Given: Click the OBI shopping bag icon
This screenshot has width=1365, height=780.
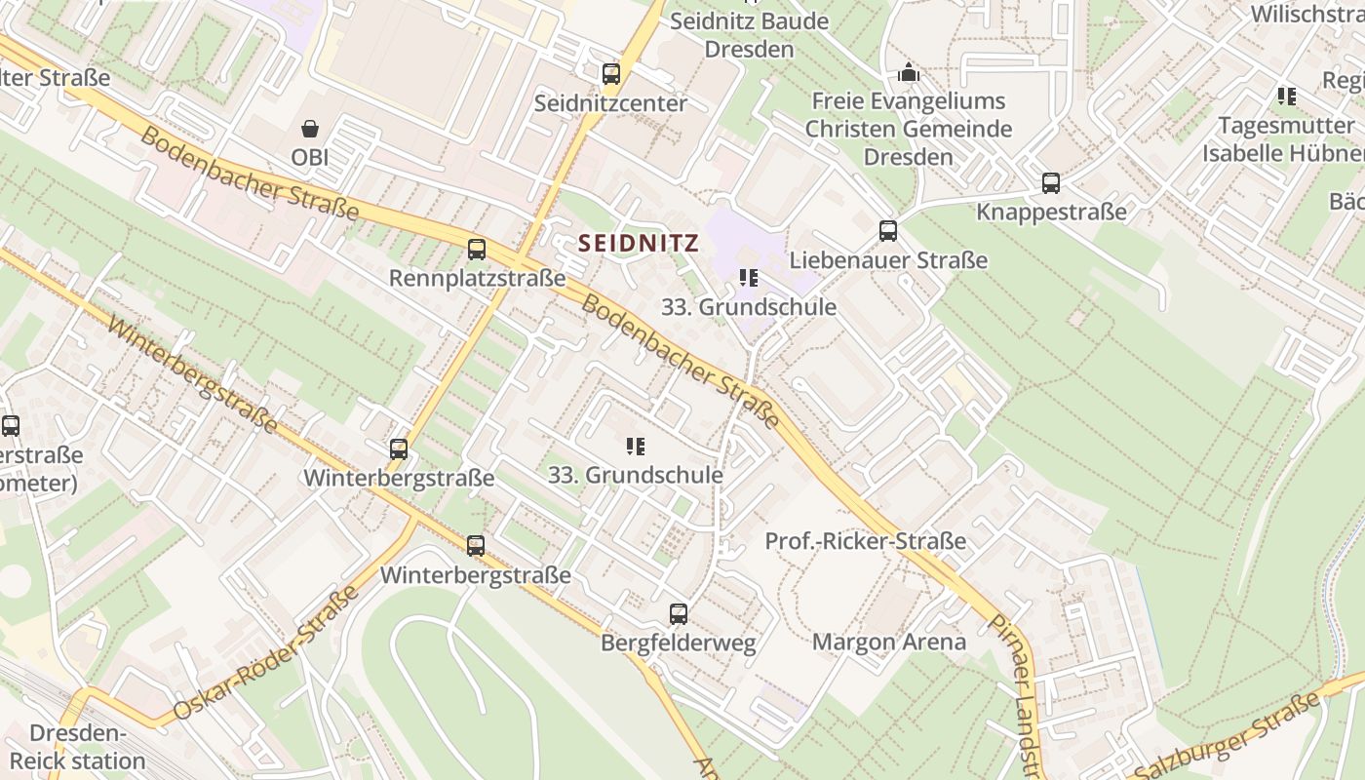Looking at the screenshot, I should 309,129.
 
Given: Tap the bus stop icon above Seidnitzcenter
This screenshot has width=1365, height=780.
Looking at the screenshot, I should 610,73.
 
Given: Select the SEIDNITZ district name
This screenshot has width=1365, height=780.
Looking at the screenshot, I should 639,244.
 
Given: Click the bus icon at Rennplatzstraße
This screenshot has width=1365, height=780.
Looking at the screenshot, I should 476,250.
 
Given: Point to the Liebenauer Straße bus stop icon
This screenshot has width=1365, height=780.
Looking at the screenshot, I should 887,231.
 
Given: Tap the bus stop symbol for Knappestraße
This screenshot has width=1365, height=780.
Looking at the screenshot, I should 1050,183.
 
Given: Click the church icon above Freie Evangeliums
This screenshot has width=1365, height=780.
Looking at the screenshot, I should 908,73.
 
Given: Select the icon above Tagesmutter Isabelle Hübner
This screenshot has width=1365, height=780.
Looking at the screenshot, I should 1286,97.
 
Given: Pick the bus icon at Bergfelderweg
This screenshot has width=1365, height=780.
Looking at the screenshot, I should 678,614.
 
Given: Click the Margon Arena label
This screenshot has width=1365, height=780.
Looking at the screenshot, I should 888,642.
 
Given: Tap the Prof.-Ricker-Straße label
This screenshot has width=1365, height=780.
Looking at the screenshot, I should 865,541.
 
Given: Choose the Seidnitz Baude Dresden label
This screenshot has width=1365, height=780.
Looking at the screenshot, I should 750,34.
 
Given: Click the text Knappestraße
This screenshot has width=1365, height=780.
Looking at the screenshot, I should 1051,212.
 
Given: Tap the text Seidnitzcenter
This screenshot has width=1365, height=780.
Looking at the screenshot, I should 610,102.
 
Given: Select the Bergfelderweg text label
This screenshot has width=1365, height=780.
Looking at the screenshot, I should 678,643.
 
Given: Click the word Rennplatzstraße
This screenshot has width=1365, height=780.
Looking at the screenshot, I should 477,279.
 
